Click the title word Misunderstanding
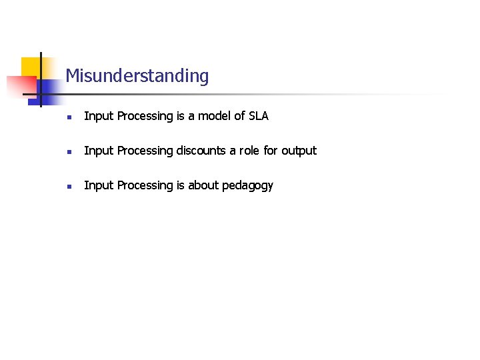point(137,76)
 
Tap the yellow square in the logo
point(31,67)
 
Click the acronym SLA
point(257,116)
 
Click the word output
point(299,151)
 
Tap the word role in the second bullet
point(250,151)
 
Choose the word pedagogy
point(247,186)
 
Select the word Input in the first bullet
point(99,117)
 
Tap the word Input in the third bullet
point(99,186)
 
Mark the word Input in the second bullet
point(99,151)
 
